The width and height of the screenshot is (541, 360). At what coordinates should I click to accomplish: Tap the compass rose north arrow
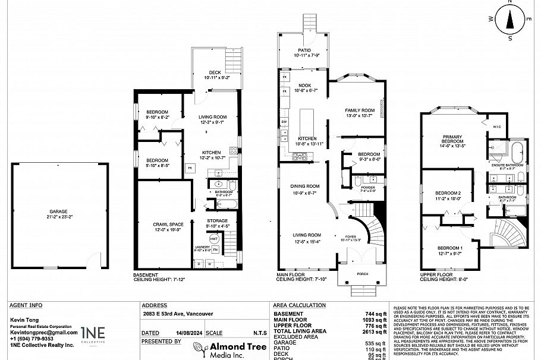[509, 19]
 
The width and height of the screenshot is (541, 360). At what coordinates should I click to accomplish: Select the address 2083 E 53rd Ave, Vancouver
[178, 314]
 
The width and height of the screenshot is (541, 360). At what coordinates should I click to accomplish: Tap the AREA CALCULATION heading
[299, 305]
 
